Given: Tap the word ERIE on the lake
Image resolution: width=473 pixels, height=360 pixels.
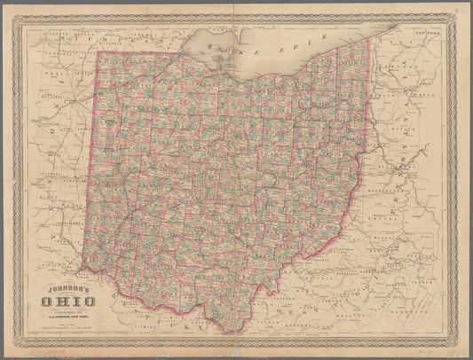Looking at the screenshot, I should coord(306,37).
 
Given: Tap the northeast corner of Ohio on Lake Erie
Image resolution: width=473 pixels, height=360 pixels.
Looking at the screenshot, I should coord(366,39).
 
